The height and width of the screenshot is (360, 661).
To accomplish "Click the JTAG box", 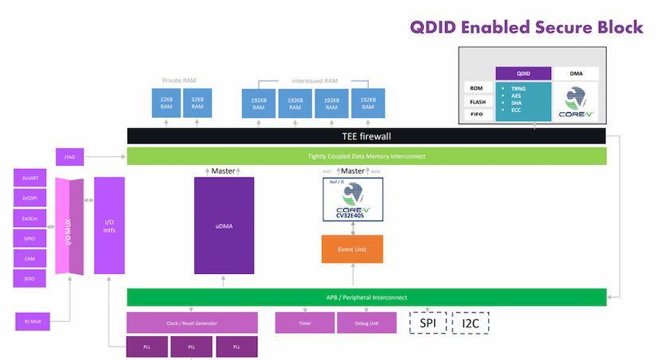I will point(69,157).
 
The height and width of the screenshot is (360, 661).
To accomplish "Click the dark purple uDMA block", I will point(224,226).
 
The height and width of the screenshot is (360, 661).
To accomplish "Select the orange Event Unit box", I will point(352,249).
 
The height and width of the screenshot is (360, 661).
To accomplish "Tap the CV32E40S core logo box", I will point(352,199).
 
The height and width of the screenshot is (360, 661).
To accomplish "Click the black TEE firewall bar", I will point(366,136).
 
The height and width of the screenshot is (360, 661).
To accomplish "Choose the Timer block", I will point(304,323).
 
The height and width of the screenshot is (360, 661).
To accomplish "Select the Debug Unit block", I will point(366,323).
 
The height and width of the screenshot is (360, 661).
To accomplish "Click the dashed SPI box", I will point(428,323).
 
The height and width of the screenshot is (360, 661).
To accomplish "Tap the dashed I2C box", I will point(471,323).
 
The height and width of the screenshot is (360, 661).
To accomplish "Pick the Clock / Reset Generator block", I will point(192,323).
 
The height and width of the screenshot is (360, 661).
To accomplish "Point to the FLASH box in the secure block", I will point(476,102).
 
